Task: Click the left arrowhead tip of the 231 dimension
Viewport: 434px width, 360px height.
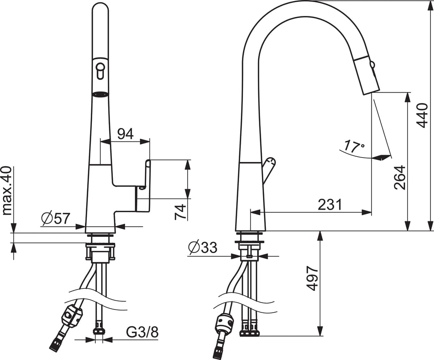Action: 251,212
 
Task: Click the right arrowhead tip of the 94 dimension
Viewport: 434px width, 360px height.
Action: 150,142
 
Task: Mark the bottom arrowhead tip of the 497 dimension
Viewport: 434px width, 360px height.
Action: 320,342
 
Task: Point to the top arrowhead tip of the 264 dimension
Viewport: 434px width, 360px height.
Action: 408,93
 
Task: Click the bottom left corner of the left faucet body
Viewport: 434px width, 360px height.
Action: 85,232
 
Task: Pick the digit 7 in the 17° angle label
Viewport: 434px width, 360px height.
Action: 355,147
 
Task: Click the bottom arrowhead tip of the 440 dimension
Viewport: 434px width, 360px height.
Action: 430,231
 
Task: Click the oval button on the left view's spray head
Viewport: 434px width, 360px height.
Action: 100,71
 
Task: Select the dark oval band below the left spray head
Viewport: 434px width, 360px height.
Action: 100,94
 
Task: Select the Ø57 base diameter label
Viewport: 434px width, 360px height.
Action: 55,218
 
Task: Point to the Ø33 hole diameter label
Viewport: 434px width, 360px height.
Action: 203,247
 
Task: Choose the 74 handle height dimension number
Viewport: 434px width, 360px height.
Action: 180,212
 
